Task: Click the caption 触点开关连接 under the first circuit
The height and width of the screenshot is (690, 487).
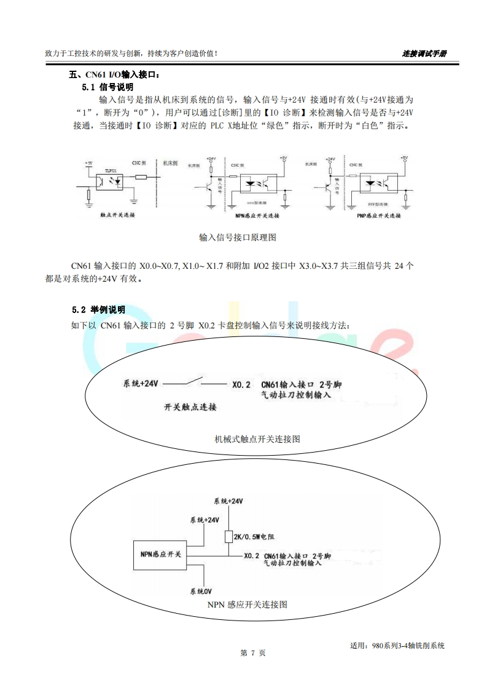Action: point(117,216)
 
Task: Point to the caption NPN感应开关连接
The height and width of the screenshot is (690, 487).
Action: point(257,216)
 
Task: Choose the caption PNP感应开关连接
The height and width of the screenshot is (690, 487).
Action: point(378,216)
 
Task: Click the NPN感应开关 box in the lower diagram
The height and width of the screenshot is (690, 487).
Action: point(159,554)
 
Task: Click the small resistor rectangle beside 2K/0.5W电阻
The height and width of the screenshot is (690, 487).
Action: point(228,537)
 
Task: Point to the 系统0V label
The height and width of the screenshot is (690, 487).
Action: point(201,592)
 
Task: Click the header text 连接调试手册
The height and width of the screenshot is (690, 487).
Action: point(424,54)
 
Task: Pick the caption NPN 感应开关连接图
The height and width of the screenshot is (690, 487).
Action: point(247,605)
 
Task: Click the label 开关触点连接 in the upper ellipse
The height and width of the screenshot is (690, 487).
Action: point(190,407)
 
